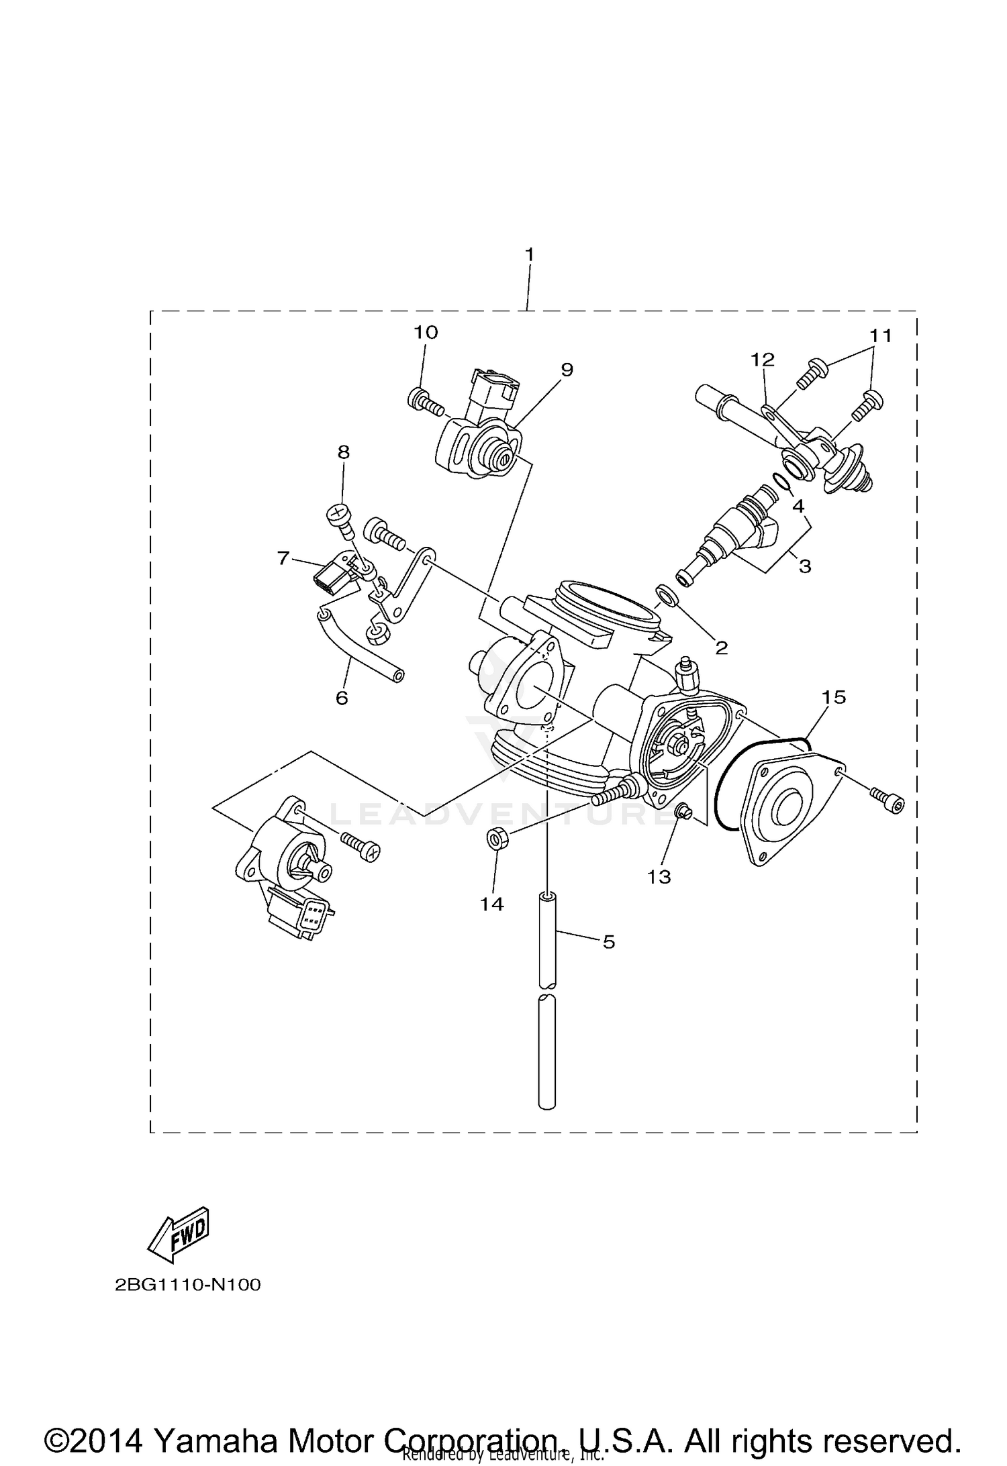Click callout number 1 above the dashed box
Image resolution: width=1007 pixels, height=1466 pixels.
coord(529,255)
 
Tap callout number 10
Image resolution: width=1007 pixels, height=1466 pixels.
coord(426,333)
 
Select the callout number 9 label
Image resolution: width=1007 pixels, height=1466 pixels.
coord(567,370)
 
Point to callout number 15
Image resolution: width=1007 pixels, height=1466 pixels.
coord(834,697)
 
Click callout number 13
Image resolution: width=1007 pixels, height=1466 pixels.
coord(659,876)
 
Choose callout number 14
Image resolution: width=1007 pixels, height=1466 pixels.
coord(491,904)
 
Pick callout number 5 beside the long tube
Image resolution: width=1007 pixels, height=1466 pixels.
coord(608,942)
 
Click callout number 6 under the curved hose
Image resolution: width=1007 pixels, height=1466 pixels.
coord(342,698)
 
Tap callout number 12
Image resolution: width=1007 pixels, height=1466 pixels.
coord(763,360)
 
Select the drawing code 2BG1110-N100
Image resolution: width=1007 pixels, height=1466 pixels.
coord(187,1285)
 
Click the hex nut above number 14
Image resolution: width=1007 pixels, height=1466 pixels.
coord(496,839)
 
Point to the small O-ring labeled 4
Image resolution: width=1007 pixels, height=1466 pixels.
coord(781,482)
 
